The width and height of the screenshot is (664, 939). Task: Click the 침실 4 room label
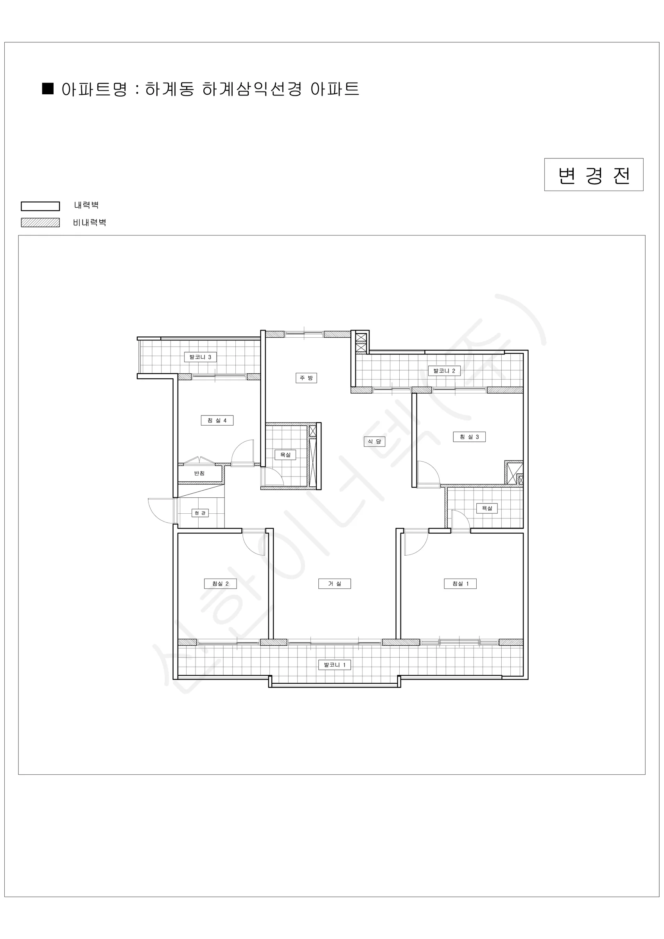point(217,421)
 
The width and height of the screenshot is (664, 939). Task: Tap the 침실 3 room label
point(469,437)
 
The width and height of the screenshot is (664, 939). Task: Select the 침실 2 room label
point(221,584)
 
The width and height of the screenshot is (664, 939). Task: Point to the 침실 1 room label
point(460,584)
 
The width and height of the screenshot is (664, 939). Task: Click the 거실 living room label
point(334,584)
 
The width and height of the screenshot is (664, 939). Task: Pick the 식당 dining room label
point(375,441)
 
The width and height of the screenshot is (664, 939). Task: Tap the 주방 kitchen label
point(306,378)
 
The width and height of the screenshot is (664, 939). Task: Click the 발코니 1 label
point(334,665)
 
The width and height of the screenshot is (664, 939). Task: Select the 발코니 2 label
point(444,371)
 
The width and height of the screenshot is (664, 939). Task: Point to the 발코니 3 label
point(200,357)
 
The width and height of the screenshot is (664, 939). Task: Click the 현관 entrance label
point(200,513)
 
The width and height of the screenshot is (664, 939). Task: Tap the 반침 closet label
point(199,473)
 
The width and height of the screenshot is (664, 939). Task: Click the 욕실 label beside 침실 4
point(285,455)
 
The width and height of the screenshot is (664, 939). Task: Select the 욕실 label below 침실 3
point(487,508)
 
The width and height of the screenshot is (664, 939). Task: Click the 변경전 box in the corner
point(594,174)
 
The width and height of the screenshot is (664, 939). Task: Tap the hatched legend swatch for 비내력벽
point(41,223)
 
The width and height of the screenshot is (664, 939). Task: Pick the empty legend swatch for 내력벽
point(41,206)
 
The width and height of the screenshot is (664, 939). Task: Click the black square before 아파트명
point(48,89)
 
